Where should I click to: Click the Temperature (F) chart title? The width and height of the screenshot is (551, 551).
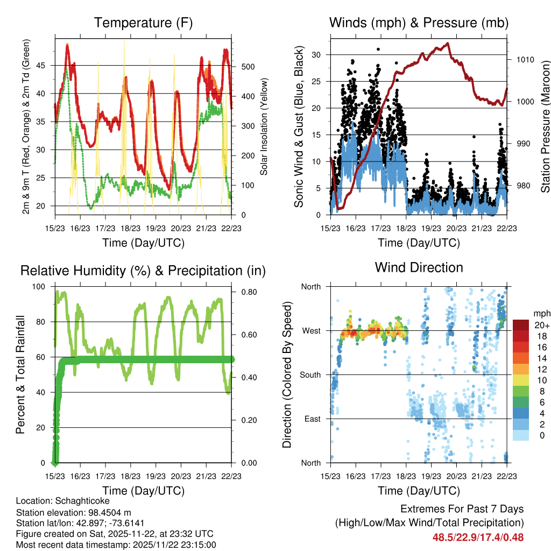[143, 23]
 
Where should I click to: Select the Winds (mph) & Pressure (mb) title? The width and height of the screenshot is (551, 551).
[419, 23]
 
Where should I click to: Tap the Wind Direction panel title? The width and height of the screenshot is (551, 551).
[419, 267]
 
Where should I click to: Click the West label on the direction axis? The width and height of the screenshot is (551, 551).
[310, 331]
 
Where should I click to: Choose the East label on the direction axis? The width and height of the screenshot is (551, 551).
[312, 419]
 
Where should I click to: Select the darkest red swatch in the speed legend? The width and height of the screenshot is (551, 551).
[520, 325]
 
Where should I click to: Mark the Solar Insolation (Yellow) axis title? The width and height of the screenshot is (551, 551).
[264, 126]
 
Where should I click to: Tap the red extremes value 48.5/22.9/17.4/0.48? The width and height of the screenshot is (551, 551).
[478, 537]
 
